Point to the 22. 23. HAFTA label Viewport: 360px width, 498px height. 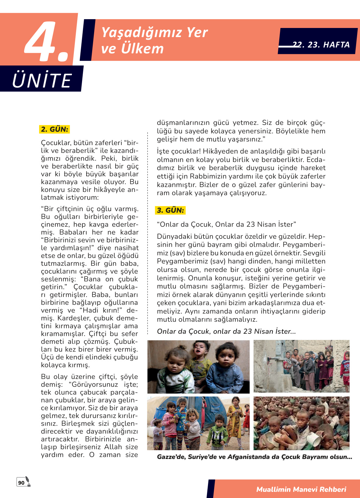tap(321, 45)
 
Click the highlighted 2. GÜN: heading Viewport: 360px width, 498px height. tap(54, 129)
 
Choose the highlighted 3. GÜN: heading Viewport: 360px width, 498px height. tap(170, 210)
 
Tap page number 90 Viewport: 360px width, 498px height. tap(21, 483)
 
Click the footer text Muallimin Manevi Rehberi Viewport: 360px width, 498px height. tap(301, 489)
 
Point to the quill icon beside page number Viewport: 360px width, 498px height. tap(28, 481)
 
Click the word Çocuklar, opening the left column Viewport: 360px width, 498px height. tap(56, 143)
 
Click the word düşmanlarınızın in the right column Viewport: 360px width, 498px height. tap(183, 123)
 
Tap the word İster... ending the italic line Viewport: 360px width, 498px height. tap(285, 331)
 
